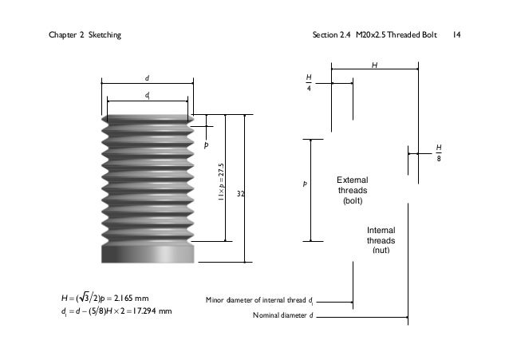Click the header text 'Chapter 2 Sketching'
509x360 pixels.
click(x=85, y=35)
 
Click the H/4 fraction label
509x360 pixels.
click(x=309, y=82)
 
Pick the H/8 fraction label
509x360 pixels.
click(x=438, y=152)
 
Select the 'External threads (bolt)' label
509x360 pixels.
click(x=352, y=191)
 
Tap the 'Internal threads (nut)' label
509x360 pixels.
click(x=381, y=239)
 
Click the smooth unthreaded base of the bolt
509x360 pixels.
click(x=148, y=253)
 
